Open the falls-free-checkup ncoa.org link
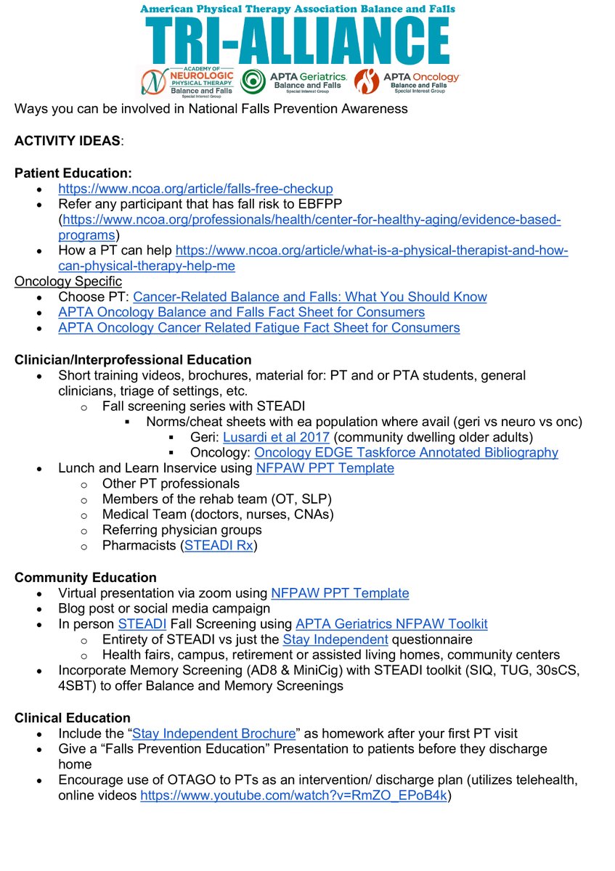[x=195, y=189]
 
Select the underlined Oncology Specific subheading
[x=68, y=281]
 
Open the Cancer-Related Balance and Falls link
[x=309, y=297]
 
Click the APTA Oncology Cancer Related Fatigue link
[x=258, y=327]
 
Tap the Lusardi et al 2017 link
[x=276, y=437]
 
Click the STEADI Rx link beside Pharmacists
[x=219, y=546]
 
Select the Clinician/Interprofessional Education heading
[x=133, y=359]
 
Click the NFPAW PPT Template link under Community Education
[x=339, y=593]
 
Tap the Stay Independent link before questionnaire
[x=335, y=639]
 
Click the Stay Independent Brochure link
[x=214, y=733]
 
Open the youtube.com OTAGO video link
[x=294, y=796]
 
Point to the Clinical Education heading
[x=73, y=718]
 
